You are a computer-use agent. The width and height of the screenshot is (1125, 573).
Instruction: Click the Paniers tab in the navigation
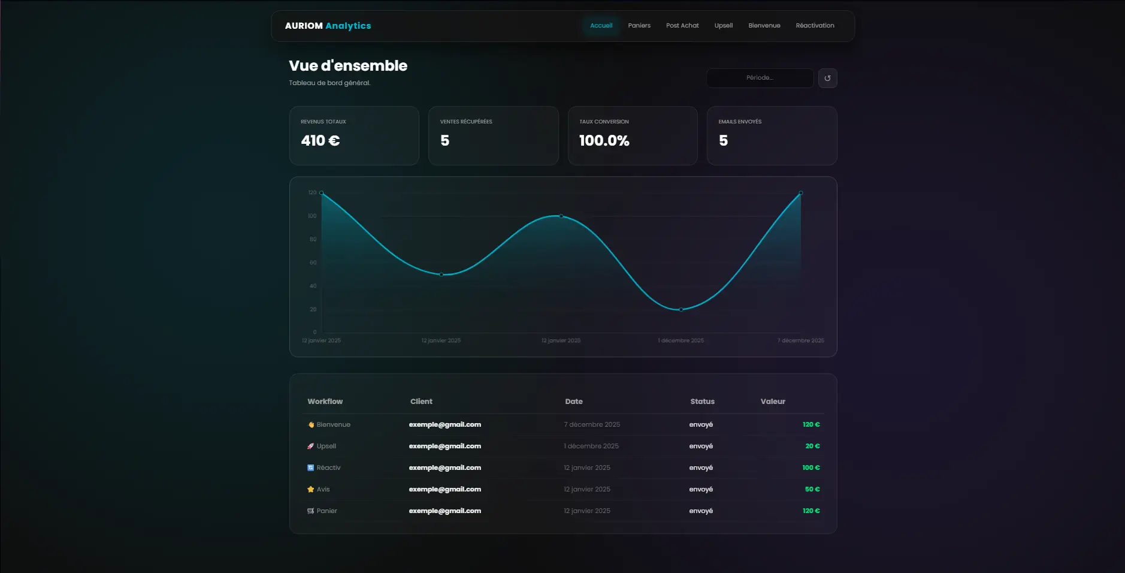tap(639, 26)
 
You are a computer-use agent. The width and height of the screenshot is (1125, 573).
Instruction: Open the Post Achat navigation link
tap(682, 26)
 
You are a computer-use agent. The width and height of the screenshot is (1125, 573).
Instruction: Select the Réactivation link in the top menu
tap(815, 26)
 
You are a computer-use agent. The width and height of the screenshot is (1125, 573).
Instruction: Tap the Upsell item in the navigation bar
tap(724, 26)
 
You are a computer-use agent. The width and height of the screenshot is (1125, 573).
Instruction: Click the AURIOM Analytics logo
tap(328, 26)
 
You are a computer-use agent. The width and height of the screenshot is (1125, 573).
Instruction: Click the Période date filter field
tap(760, 78)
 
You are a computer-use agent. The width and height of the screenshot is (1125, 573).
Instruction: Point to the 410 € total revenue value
tap(320, 141)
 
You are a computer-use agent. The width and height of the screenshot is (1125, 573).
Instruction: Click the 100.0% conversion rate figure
tap(604, 141)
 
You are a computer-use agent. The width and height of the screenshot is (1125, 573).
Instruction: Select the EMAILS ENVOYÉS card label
tap(740, 122)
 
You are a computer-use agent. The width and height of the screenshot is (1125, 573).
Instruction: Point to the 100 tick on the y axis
tap(312, 216)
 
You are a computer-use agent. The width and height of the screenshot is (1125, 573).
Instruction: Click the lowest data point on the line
tap(681, 310)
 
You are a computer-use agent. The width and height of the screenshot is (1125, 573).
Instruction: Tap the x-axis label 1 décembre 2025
tap(681, 340)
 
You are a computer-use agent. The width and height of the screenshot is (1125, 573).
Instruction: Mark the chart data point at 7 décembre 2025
tap(801, 193)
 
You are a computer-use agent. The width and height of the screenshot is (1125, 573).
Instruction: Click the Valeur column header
tap(773, 402)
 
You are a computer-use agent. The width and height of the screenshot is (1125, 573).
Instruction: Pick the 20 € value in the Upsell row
tap(812, 446)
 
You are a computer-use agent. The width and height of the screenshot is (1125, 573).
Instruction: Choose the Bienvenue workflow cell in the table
tap(333, 424)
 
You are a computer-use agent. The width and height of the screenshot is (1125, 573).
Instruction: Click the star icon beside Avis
tap(311, 489)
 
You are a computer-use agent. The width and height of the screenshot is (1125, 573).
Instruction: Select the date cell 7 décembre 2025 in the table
tap(592, 424)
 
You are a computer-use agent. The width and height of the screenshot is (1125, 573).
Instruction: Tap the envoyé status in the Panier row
tap(701, 511)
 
